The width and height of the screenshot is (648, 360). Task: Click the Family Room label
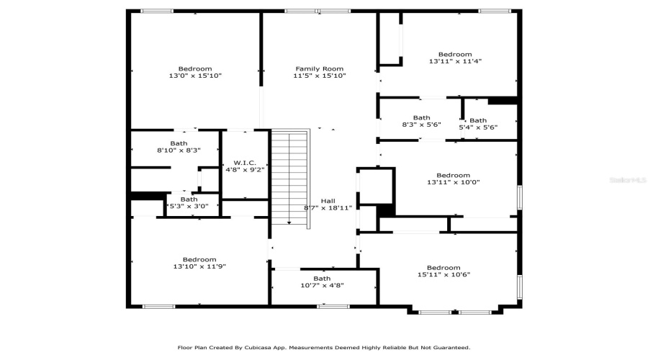pyautogui.click(x=319, y=68)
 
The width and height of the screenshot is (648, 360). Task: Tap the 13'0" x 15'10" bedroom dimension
pyautogui.click(x=195, y=76)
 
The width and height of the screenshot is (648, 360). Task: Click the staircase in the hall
pyautogui.click(x=289, y=176)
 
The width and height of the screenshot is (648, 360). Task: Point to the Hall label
pyautogui.click(x=328, y=201)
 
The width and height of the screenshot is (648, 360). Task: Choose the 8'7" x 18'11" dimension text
pyautogui.click(x=328, y=208)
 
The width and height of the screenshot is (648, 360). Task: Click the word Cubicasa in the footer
pyautogui.click(x=266, y=347)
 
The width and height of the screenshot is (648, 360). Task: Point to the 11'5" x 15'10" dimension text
pyautogui.click(x=319, y=76)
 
